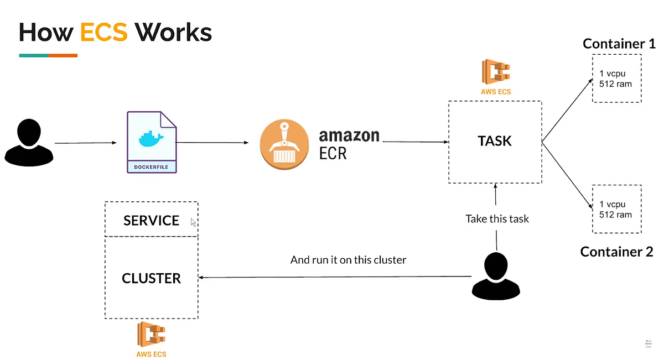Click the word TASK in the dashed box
(x=495, y=141)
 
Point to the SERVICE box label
(x=151, y=221)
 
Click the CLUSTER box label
(x=151, y=278)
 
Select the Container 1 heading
(x=619, y=44)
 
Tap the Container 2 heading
(x=616, y=252)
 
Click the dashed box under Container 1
(x=616, y=78)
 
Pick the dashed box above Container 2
(x=616, y=209)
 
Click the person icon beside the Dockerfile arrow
(x=29, y=142)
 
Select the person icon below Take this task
(x=496, y=276)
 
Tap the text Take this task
(x=497, y=219)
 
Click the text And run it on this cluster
(x=348, y=259)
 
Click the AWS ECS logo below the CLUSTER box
(x=151, y=339)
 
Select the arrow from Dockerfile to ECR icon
(x=212, y=143)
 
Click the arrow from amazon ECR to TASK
(x=415, y=142)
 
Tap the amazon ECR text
(x=349, y=144)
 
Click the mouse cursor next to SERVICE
(x=193, y=222)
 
